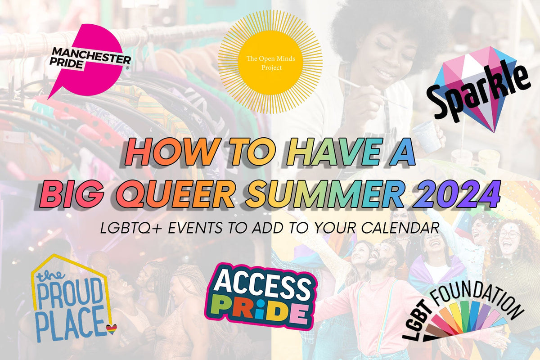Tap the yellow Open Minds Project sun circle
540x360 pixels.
270,62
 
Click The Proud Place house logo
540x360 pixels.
70,299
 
